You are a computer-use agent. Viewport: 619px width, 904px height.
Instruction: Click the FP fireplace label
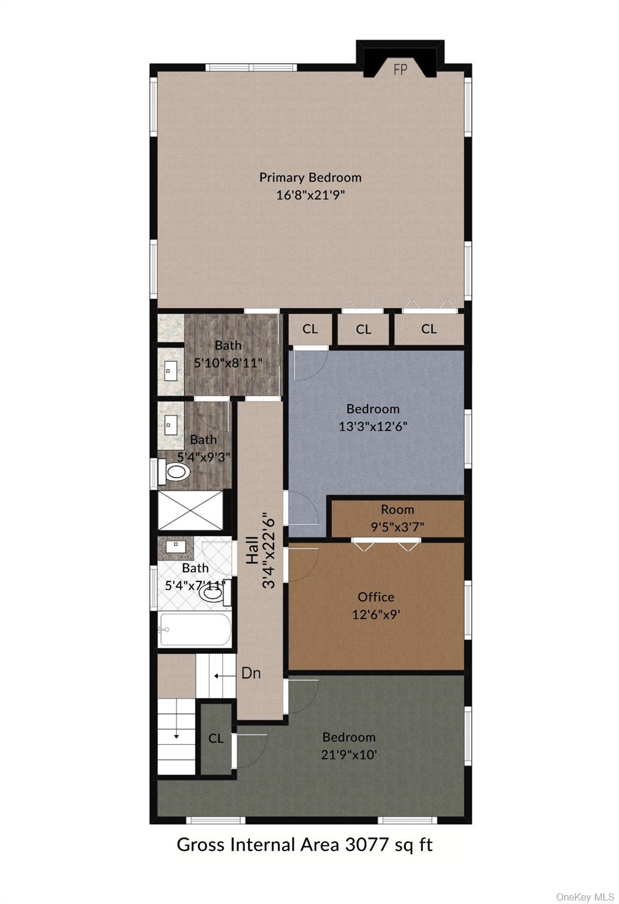pos(400,70)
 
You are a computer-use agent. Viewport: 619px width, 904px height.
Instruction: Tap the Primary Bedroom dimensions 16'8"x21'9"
pos(310,195)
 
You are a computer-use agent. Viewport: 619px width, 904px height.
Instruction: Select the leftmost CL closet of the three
pos(310,329)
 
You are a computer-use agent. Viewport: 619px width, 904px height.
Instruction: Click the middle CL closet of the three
pos(363,330)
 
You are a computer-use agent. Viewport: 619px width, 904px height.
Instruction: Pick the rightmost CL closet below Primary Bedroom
pos(429,329)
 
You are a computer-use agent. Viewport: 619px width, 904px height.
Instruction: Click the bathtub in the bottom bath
pos(195,630)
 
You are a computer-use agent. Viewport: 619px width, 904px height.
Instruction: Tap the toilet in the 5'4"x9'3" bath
pos(174,471)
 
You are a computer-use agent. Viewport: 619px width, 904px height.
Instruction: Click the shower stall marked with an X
pos(190,510)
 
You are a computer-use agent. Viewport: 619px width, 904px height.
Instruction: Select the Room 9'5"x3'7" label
pos(398,518)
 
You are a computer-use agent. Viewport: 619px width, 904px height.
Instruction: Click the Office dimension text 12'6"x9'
pos(376,614)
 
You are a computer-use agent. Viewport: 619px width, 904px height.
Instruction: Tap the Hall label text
pos(253,550)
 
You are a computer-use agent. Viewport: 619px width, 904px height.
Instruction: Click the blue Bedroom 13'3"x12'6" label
pos(373,418)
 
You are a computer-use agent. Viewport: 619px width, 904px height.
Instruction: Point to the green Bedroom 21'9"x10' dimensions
pos(349,755)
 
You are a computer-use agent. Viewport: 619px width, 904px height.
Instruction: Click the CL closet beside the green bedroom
pos(216,738)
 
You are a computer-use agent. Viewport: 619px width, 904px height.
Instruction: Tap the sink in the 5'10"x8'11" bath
pos(169,371)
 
